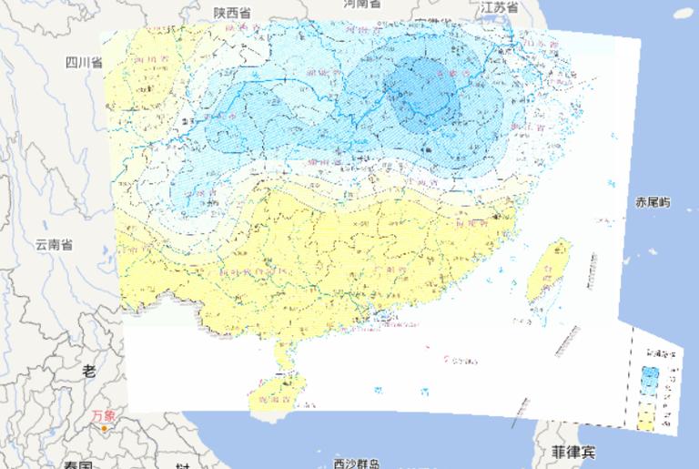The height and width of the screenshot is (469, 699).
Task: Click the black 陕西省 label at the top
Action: pos(232,12)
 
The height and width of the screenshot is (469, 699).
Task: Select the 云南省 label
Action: pos(54,244)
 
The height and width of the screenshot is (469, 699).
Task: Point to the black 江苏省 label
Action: pos(500,7)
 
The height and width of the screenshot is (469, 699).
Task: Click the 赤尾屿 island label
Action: pos(653,202)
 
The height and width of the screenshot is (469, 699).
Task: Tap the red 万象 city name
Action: pos(103,415)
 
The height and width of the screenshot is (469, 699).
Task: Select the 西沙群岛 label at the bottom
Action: pos(355,463)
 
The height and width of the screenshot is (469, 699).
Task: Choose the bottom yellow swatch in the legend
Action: pos(648,420)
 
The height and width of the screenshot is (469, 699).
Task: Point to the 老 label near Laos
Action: pos(88,370)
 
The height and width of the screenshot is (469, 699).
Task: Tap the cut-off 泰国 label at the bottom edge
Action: pos(77,464)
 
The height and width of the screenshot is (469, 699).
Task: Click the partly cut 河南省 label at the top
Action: pos(362,4)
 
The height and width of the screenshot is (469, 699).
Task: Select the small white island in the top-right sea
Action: pos(685,12)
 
